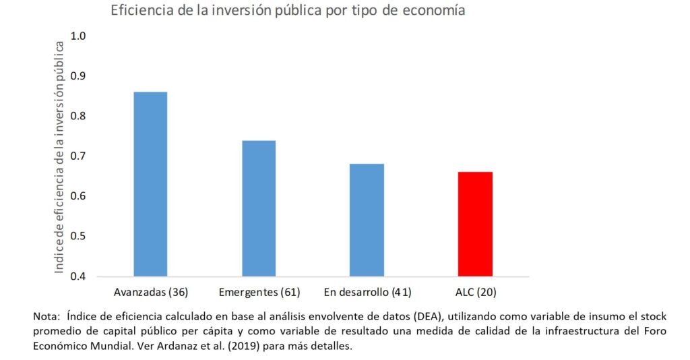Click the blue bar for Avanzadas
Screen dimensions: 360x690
(x=150, y=184)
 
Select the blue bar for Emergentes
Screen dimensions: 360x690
(x=259, y=208)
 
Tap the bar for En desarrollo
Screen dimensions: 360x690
(x=367, y=220)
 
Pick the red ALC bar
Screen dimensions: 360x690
(x=475, y=224)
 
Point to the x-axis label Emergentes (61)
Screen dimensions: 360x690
(x=259, y=292)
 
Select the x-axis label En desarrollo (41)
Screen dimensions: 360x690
(x=367, y=292)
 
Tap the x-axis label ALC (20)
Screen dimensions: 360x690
(x=476, y=292)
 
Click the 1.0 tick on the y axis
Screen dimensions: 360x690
(x=79, y=36)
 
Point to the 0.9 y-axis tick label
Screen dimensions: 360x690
(x=79, y=76)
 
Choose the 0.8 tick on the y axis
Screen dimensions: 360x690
(x=79, y=116)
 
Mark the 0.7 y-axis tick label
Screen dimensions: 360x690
(x=79, y=156)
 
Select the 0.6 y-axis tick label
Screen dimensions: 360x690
(x=79, y=196)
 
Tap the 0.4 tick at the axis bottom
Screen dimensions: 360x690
(x=79, y=276)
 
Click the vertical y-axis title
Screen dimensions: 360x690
(x=59, y=156)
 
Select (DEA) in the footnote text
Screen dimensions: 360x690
(x=428, y=316)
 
